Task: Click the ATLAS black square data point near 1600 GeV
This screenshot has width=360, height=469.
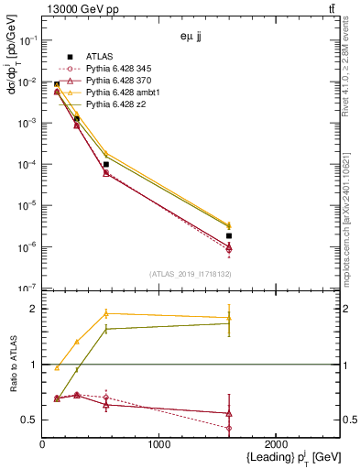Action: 228,235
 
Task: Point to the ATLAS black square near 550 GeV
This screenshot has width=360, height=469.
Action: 106,164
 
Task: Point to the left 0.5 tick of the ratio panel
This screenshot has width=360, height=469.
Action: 32,420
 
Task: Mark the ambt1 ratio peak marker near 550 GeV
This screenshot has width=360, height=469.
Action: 106,313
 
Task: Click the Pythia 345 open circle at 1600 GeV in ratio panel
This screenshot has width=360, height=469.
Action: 228,428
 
